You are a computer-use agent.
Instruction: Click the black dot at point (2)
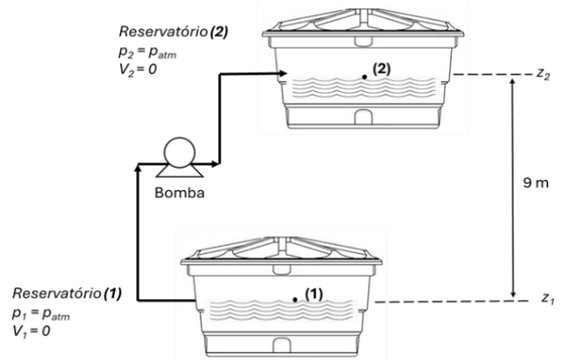coord(365,77)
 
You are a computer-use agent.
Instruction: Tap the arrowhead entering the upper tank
coord(275,77)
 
